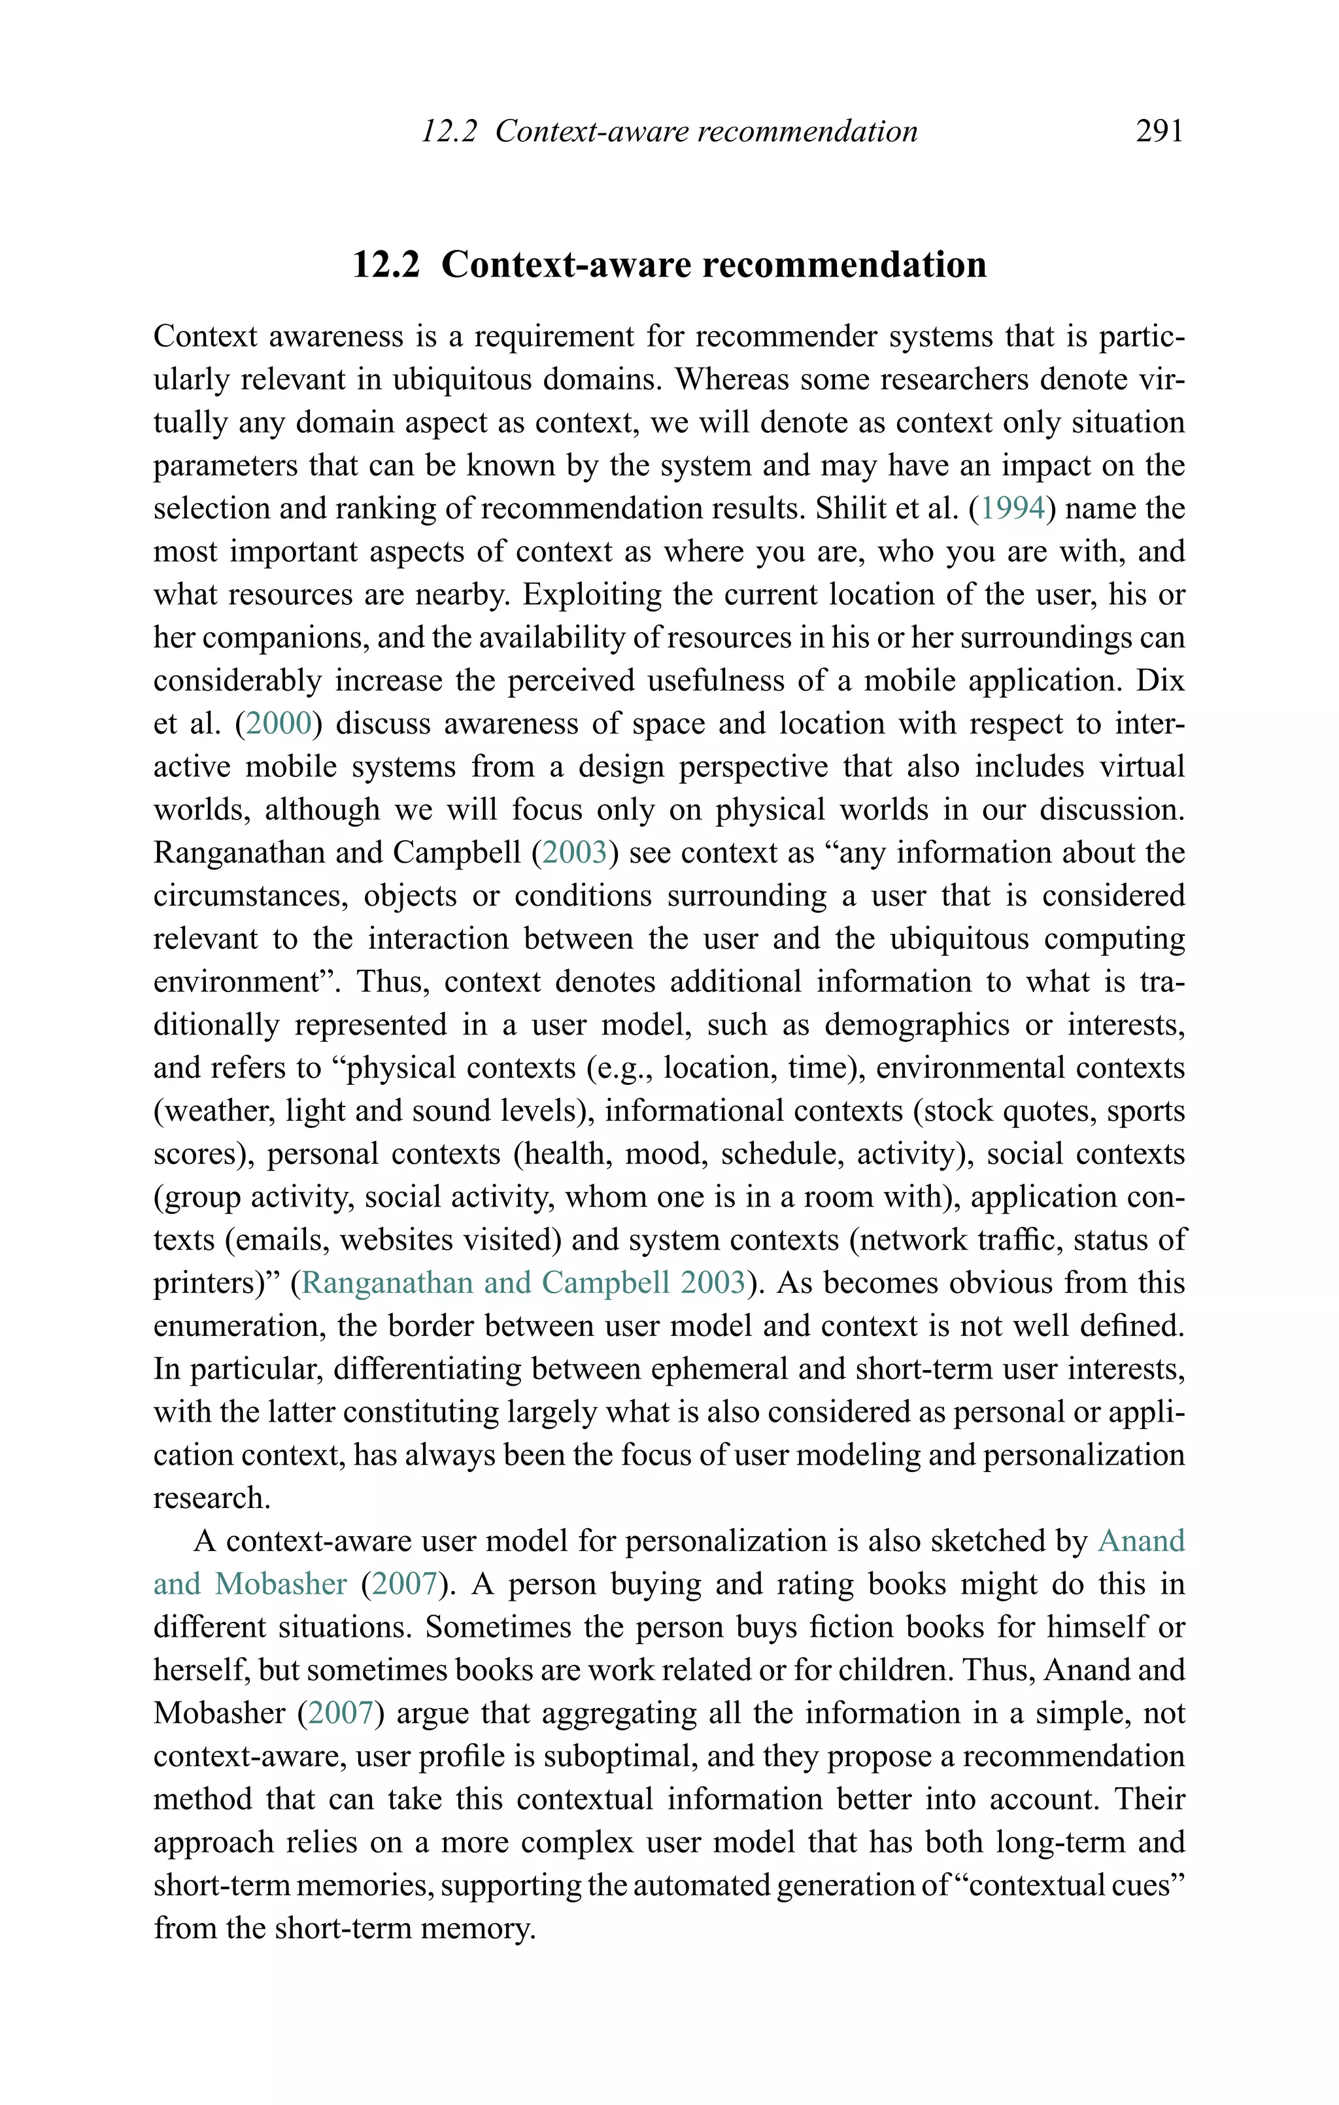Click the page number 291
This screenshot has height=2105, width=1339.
point(1159,131)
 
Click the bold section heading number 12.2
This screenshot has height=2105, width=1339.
point(386,264)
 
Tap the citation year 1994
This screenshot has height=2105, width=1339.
point(1012,508)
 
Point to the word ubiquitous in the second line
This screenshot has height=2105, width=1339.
point(462,379)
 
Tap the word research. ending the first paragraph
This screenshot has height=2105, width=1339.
point(212,1497)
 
